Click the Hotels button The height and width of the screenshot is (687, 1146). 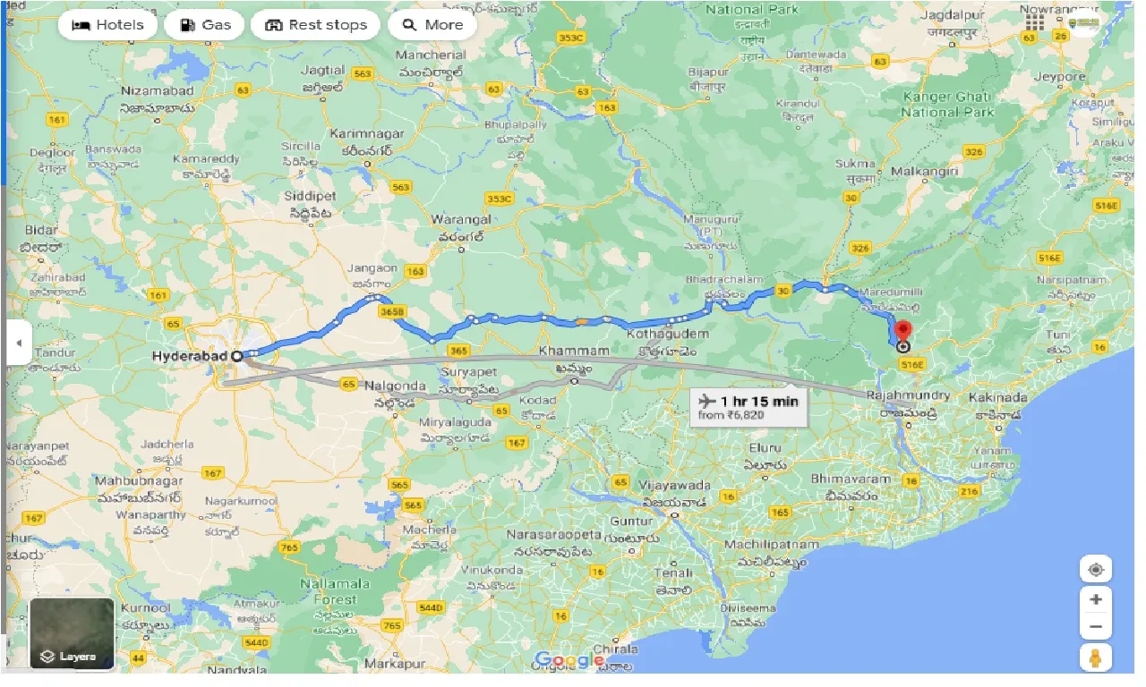click(x=107, y=25)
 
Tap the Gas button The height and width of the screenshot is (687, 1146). click(x=205, y=25)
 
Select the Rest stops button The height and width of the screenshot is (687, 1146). click(x=315, y=25)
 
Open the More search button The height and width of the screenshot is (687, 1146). click(x=432, y=25)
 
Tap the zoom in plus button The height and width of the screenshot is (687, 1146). click(x=1095, y=599)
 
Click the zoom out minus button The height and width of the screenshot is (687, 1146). click(x=1095, y=627)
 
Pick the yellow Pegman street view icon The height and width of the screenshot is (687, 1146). click(x=1095, y=658)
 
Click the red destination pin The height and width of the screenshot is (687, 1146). click(x=902, y=331)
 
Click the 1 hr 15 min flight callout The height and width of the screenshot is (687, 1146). click(x=748, y=408)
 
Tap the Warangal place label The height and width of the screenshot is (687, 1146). click(x=461, y=219)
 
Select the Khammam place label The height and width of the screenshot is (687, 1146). click(x=574, y=352)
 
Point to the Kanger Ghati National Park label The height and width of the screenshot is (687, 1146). click(x=947, y=105)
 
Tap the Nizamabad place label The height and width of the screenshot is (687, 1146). click(x=157, y=90)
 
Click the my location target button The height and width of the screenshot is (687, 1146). click(x=1095, y=570)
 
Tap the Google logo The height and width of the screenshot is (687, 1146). click(x=569, y=661)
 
